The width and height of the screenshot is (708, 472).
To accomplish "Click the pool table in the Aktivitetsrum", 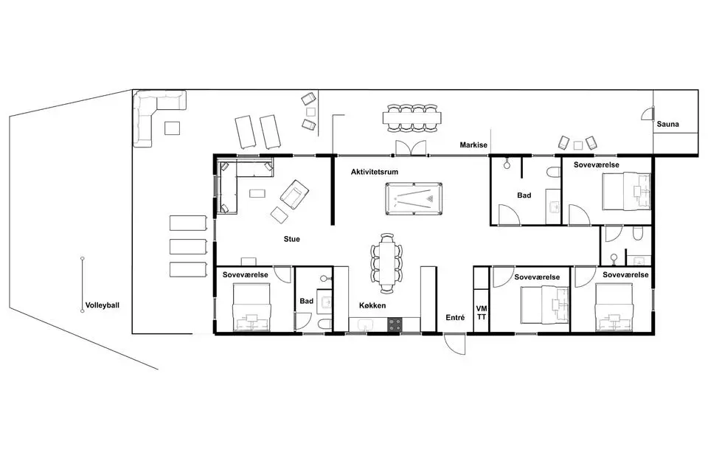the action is [414, 198].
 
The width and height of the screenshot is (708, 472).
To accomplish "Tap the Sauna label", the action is [667, 124].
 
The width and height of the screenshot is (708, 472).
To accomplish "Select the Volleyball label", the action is [103, 305].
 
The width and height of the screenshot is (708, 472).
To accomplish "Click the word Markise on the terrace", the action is [473, 145].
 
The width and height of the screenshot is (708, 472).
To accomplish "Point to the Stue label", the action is [292, 239].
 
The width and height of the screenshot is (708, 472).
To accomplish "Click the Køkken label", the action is [372, 306].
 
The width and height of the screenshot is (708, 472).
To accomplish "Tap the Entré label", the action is [455, 318].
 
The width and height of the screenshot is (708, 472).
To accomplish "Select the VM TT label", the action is [482, 313].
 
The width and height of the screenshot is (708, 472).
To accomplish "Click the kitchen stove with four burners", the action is [395, 324].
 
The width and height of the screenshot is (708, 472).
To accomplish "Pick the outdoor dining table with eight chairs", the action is [412, 118].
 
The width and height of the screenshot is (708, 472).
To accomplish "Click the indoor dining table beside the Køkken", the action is [386, 263].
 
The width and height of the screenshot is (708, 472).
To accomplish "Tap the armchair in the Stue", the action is [294, 194].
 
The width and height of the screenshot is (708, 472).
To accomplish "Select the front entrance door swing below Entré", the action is [454, 344].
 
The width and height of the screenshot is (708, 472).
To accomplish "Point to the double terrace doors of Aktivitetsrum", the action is [411, 148].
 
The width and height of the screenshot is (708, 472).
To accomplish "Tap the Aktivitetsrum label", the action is [375, 172].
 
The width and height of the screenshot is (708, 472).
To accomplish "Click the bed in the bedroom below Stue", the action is [251, 307].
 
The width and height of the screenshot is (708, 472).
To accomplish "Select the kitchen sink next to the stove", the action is [364, 324].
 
